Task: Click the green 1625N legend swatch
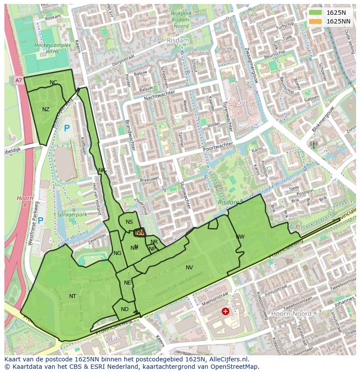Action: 316,13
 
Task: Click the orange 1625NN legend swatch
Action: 316,21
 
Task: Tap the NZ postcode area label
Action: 46,109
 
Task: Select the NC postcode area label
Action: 53,83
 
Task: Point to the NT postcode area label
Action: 73,296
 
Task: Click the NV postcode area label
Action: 189,268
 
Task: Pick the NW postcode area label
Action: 240,237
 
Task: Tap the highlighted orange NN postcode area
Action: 139,232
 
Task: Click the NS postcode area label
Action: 129,222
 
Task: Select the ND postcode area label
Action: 125,309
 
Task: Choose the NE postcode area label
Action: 127,283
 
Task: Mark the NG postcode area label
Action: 117,253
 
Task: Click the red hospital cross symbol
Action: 225,311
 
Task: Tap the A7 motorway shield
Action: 18,80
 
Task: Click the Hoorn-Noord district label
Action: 291,313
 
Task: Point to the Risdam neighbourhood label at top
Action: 178,40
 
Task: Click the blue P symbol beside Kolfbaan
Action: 67,129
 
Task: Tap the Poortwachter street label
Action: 218,146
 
